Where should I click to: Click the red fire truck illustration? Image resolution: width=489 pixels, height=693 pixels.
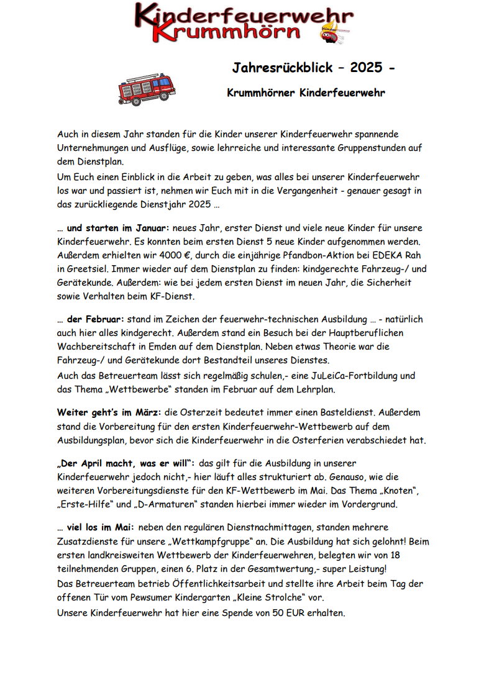(x=147, y=89)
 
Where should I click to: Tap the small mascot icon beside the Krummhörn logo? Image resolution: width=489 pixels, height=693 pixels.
(x=331, y=35)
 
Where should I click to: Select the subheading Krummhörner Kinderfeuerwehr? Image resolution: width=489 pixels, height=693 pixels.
(x=306, y=93)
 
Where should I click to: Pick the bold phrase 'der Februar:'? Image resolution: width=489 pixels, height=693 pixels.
(x=96, y=319)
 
